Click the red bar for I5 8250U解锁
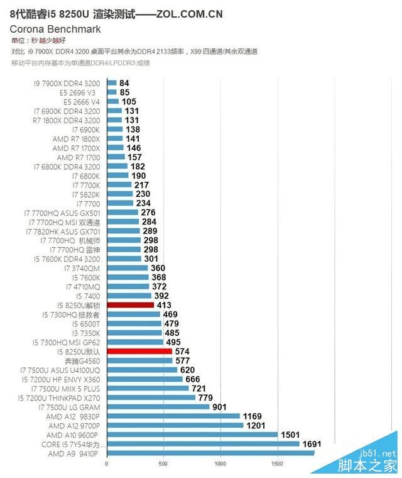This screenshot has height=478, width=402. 130,305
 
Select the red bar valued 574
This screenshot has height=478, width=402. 139,351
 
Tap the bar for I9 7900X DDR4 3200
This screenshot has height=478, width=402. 112,83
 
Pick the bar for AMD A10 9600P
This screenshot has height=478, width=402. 192,435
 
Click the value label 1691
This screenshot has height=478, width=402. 312,443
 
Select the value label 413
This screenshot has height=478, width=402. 165,305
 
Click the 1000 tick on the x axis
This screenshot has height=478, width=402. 220,464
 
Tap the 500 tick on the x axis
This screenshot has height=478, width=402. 163,464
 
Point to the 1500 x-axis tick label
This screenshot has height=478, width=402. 276,464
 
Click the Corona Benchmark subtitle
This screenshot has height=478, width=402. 55,29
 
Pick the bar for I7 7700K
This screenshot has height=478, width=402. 119,185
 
